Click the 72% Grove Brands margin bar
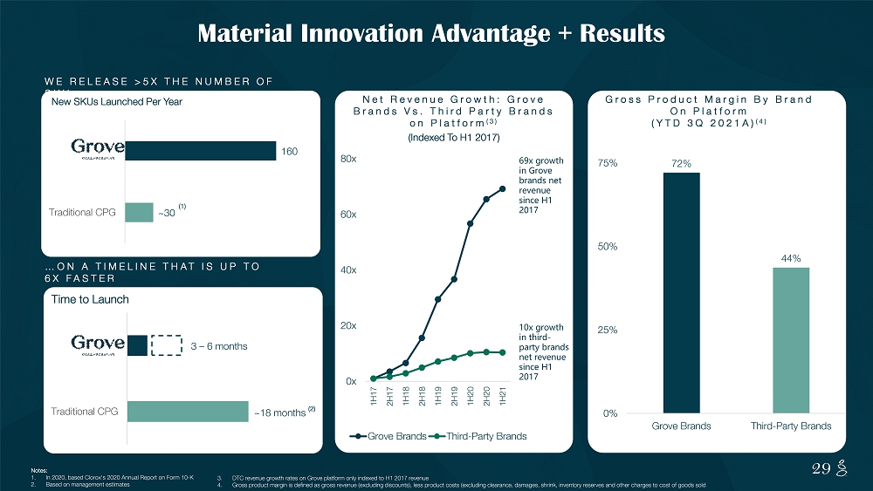tap(681, 292)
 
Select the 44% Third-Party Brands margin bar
tap(790, 340)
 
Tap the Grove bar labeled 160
tap(201, 151)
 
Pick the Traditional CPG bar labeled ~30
tap(139, 212)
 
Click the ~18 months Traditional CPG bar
tap(188, 412)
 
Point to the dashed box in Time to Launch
tap(167, 346)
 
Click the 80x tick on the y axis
tap(347, 160)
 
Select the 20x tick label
tap(347, 325)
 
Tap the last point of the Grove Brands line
tap(503, 189)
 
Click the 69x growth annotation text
tap(540, 188)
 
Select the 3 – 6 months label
tap(219, 346)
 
